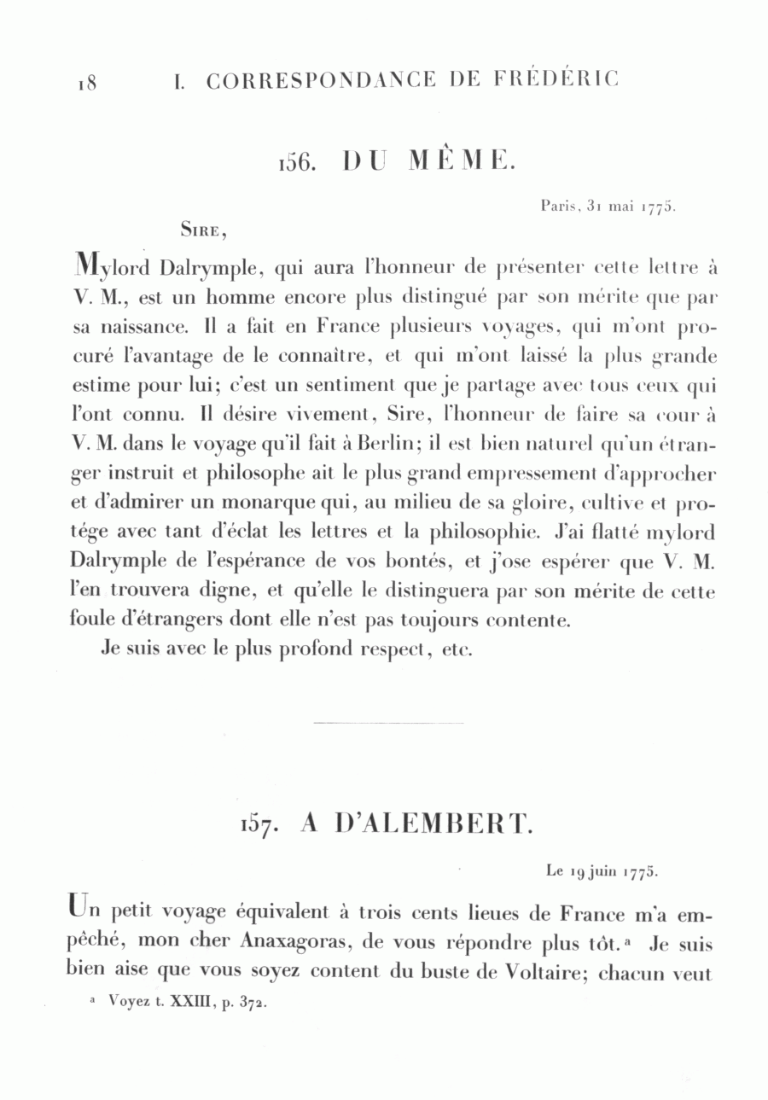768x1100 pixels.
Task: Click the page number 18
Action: pyautogui.click(x=87, y=83)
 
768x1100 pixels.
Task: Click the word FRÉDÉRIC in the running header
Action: pyautogui.click(x=555, y=79)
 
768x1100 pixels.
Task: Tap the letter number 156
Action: pyautogui.click(x=299, y=162)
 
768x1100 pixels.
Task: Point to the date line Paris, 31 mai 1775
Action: pyautogui.click(x=608, y=206)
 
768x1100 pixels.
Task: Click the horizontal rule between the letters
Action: pyautogui.click(x=388, y=724)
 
